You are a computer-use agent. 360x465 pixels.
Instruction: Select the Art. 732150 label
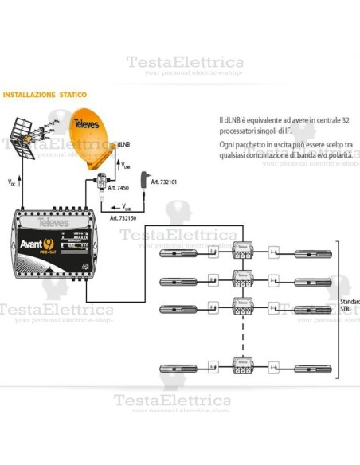[x=124, y=217]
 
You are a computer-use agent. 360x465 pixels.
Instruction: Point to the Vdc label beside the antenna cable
[x=11, y=182]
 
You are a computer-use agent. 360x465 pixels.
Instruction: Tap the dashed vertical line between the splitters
[x=240, y=338]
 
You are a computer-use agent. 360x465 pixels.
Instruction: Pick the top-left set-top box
[x=181, y=253]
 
